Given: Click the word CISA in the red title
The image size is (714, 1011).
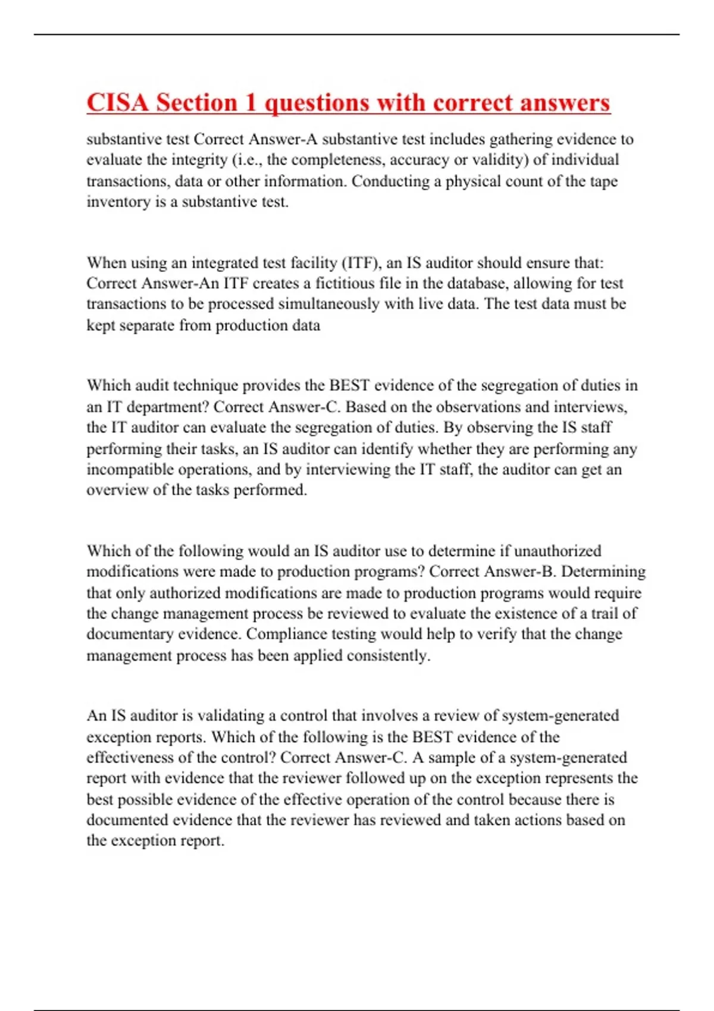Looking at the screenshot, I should (x=118, y=102).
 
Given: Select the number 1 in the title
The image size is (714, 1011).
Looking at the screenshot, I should (x=250, y=102).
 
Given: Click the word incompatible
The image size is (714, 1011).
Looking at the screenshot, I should (x=130, y=469).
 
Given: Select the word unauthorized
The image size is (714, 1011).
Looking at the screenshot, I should (x=557, y=551).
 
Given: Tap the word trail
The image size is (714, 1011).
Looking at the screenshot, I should (x=605, y=613).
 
